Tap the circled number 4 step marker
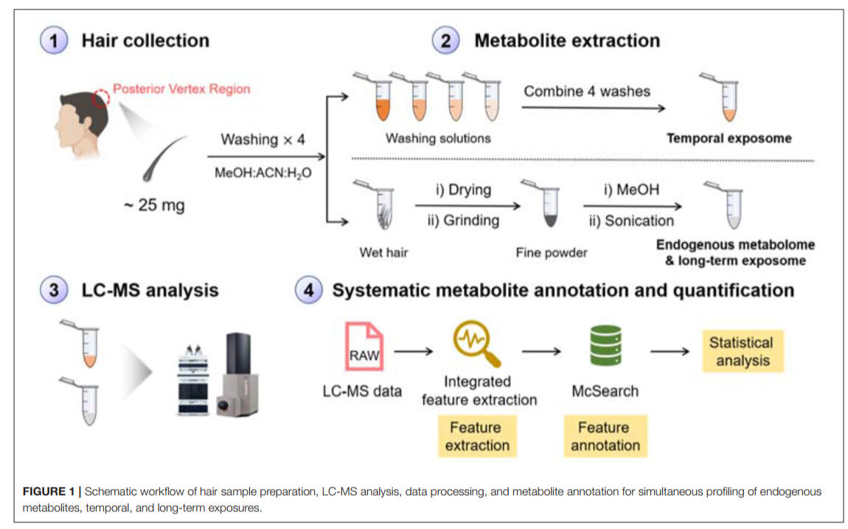point(307,290)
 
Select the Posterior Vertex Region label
point(181,89)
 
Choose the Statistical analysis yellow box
point(740,351)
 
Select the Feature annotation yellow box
point(605,436)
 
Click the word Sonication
point(639,220)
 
